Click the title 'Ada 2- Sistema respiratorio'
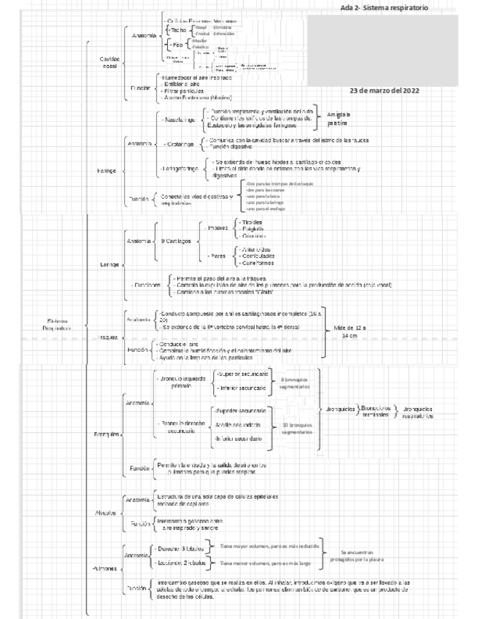[x=384, y=7]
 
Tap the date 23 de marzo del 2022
[x=384, y=91]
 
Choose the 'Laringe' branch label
[x=109, y=264]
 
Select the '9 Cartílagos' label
[x=177, y=240]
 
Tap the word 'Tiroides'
[x=252, y=221]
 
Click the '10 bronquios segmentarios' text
[x=296, y=428]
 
